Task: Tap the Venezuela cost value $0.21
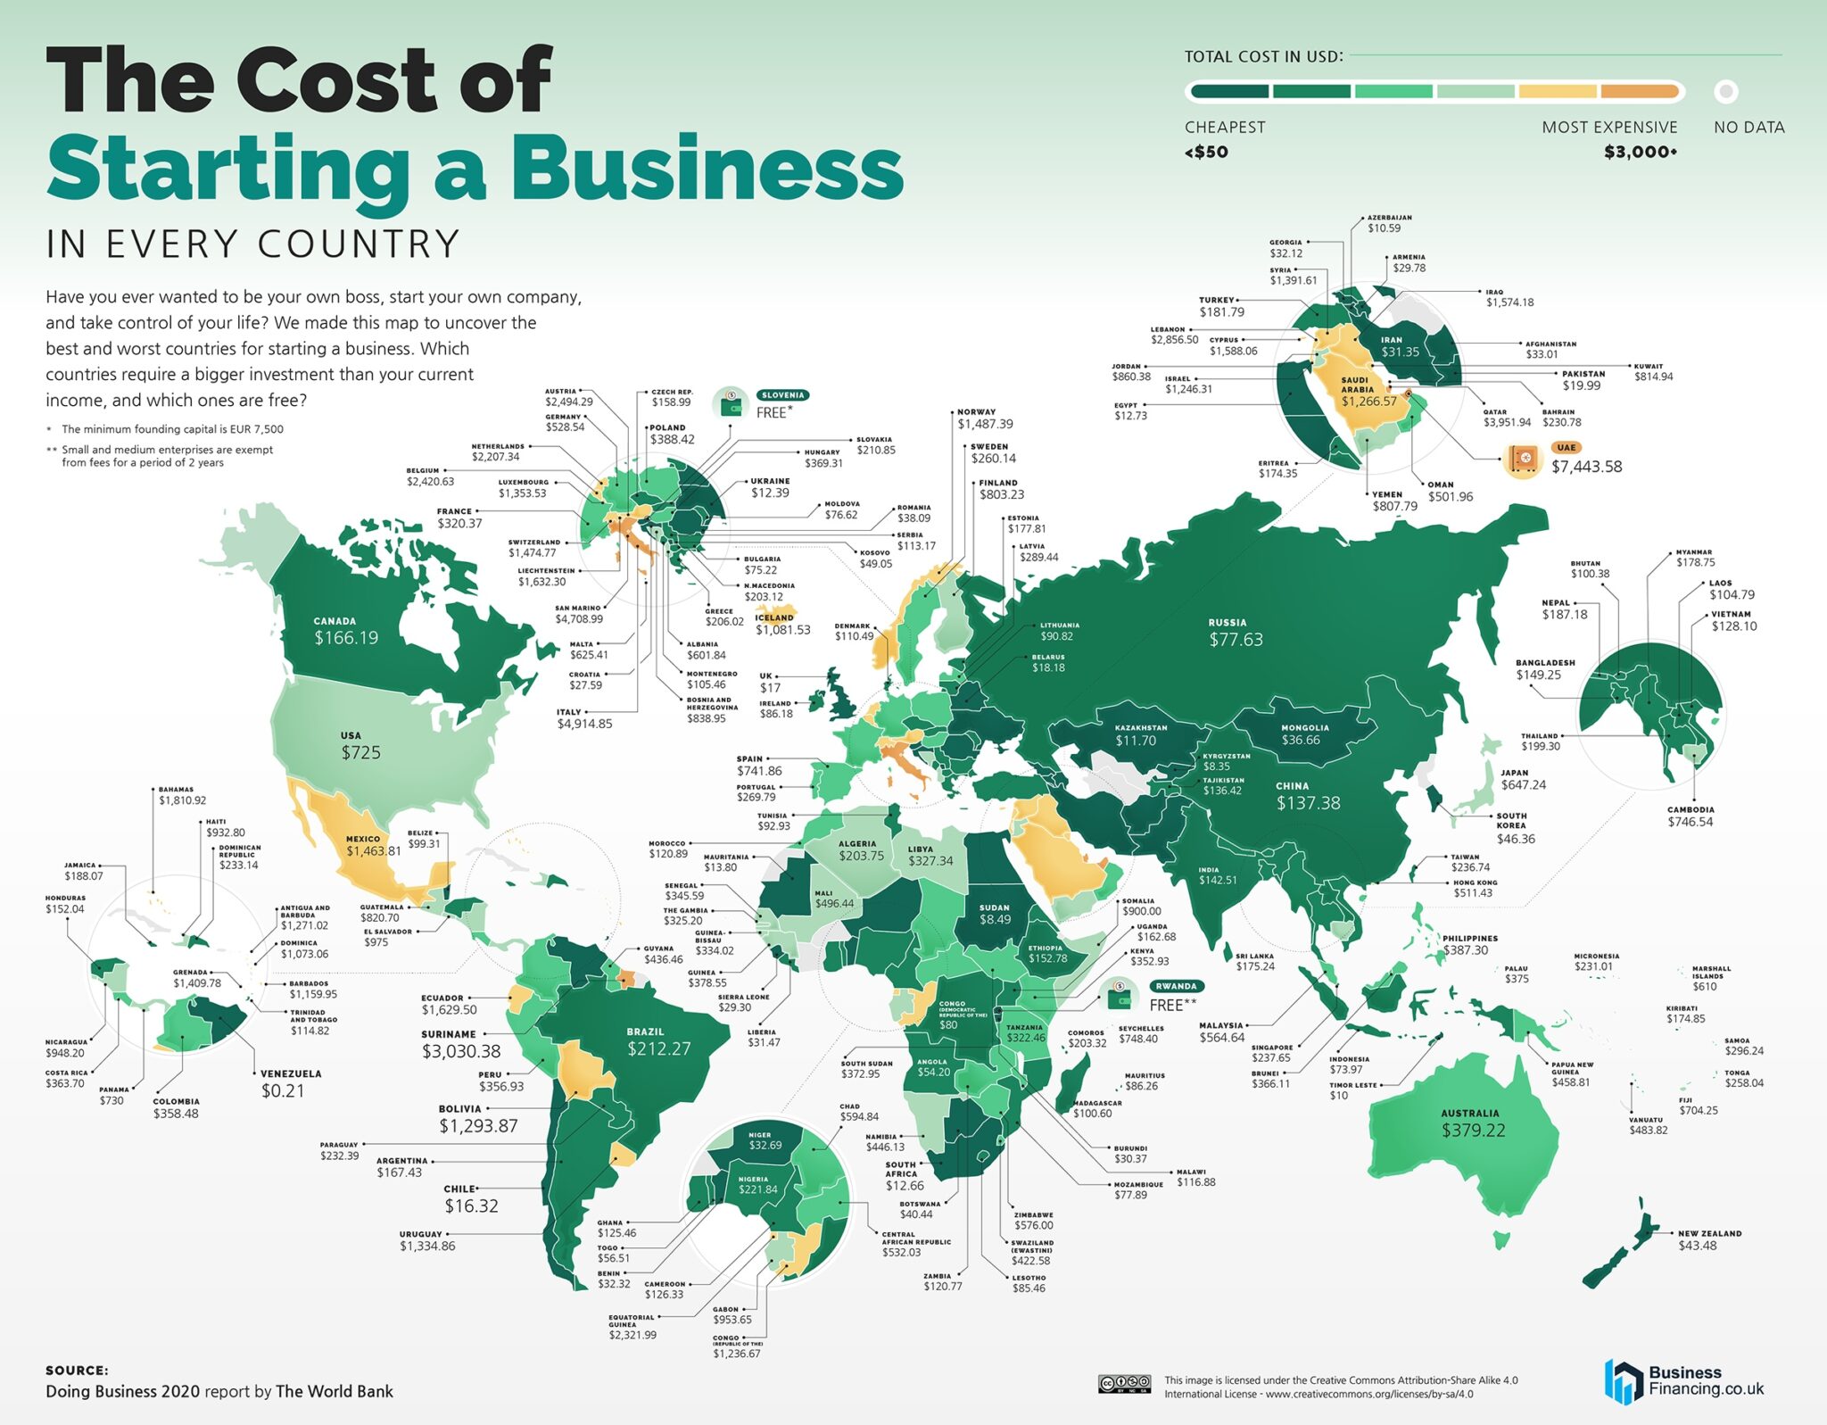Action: (x=283, y=1090)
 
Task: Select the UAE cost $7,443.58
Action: (x=1586, y=467)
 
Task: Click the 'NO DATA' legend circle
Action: (x=1726, y=91)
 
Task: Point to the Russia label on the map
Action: (x=1228, y=623)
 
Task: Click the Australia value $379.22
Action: (x=1473, y=1131)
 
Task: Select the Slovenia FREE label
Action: (x=773, y=412)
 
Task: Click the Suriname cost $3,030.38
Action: (x=461, y=1052)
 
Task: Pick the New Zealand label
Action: (x=1709, y=1233)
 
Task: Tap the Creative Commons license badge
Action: (x=1123, y=1384)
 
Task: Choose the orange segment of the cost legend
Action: (x=1640, y=91)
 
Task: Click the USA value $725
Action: (x=360, y=752)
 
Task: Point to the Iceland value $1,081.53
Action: (x=783, y=630)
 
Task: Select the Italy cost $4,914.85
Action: (x=584, y=724)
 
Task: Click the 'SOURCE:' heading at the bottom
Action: (x=77, y=1371)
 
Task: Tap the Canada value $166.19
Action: (x=346, y=638)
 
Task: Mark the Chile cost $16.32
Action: (x=471, y=1206)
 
